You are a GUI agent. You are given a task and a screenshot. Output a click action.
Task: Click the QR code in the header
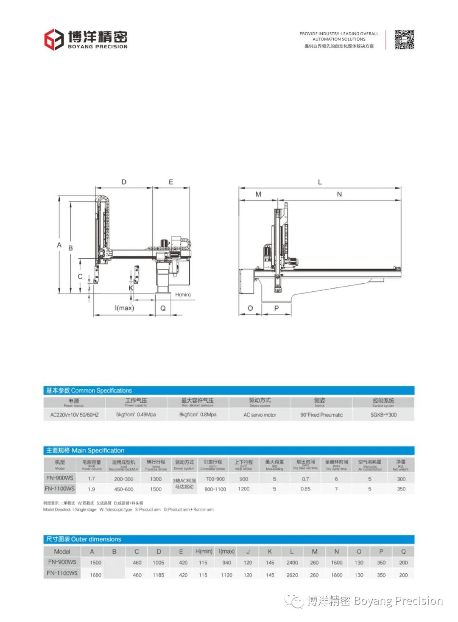click(x=404, y=39)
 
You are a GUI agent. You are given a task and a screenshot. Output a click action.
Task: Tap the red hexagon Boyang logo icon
click(x=54, y=39)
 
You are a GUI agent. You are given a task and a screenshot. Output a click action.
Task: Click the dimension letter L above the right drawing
click(x=320, y=182)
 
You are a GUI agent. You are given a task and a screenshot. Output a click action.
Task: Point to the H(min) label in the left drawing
click(x=183, y=295)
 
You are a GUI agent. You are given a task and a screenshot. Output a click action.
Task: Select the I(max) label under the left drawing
click(x=124, y=308)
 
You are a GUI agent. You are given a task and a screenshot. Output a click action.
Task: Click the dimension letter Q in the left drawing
click(x=163, y=308)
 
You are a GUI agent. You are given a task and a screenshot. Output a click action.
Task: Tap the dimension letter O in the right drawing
click(x=250, y=308)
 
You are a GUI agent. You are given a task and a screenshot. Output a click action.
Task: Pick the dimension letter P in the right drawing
click(x=276, y=308)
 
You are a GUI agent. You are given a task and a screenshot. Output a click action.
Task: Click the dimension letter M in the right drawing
click(x=258, y=194)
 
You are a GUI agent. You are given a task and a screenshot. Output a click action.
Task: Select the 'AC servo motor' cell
click(x=260, y=415)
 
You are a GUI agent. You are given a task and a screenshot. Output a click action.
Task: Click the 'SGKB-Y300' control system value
click(x=383, y=415)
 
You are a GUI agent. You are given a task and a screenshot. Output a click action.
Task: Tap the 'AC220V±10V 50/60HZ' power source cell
click(x=74, y=415)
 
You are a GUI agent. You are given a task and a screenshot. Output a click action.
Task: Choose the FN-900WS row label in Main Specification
click(x=60, y=478)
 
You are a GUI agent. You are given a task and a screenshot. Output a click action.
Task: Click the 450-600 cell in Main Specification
click(x=123, y=489)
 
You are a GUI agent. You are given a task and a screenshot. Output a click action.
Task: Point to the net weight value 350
click(x=401, y=489)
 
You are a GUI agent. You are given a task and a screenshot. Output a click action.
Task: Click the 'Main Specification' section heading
click(x=85, y=450)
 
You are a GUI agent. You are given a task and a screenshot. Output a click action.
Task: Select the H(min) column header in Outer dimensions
click(x=204, y=551)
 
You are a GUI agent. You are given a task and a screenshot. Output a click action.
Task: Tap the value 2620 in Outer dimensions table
click(x=292, y=575)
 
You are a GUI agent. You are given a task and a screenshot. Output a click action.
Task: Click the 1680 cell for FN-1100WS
click(x=95, y=575)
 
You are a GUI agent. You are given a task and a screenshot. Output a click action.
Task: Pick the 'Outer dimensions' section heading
click(x=84, y=539)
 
